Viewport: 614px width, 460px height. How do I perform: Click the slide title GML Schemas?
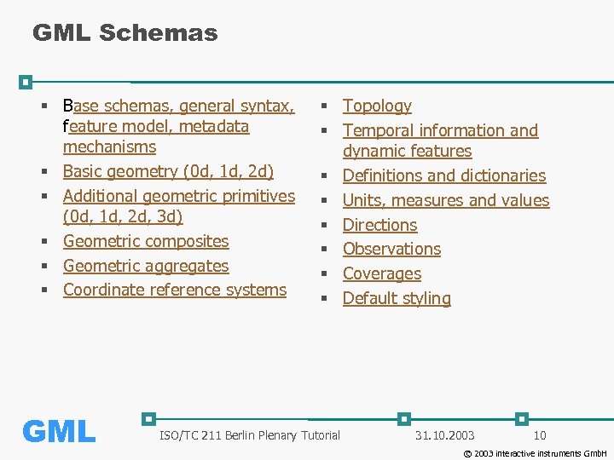click(125, 33)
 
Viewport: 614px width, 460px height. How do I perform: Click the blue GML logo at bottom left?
click(59, 432)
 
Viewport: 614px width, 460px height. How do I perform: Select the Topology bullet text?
click(377, 106)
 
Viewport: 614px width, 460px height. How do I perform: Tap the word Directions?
click(379, 225)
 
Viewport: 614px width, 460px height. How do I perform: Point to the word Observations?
click(391, 249)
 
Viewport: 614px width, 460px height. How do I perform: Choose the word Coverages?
click(382, 273)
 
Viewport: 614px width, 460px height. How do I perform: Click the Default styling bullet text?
click(397, 298)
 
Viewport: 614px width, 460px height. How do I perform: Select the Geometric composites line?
click(146, 241)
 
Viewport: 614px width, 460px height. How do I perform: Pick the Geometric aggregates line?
click(146, 266)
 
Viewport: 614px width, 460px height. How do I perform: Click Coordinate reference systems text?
click(175, 290)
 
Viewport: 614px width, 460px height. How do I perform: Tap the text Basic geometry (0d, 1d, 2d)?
click(168, 171)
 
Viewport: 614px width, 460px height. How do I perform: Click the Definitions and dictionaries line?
click(444, 175)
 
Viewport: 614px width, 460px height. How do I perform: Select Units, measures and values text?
click(446, 200)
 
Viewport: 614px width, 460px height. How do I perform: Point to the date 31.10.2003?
click(445, 436)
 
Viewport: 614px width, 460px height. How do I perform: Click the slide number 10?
click(540, 436)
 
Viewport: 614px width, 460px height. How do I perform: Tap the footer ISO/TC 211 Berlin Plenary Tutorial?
click(250, 436)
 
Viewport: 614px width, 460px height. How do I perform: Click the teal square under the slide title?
click(26, 83)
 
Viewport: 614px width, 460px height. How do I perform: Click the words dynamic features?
click(407, 151)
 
